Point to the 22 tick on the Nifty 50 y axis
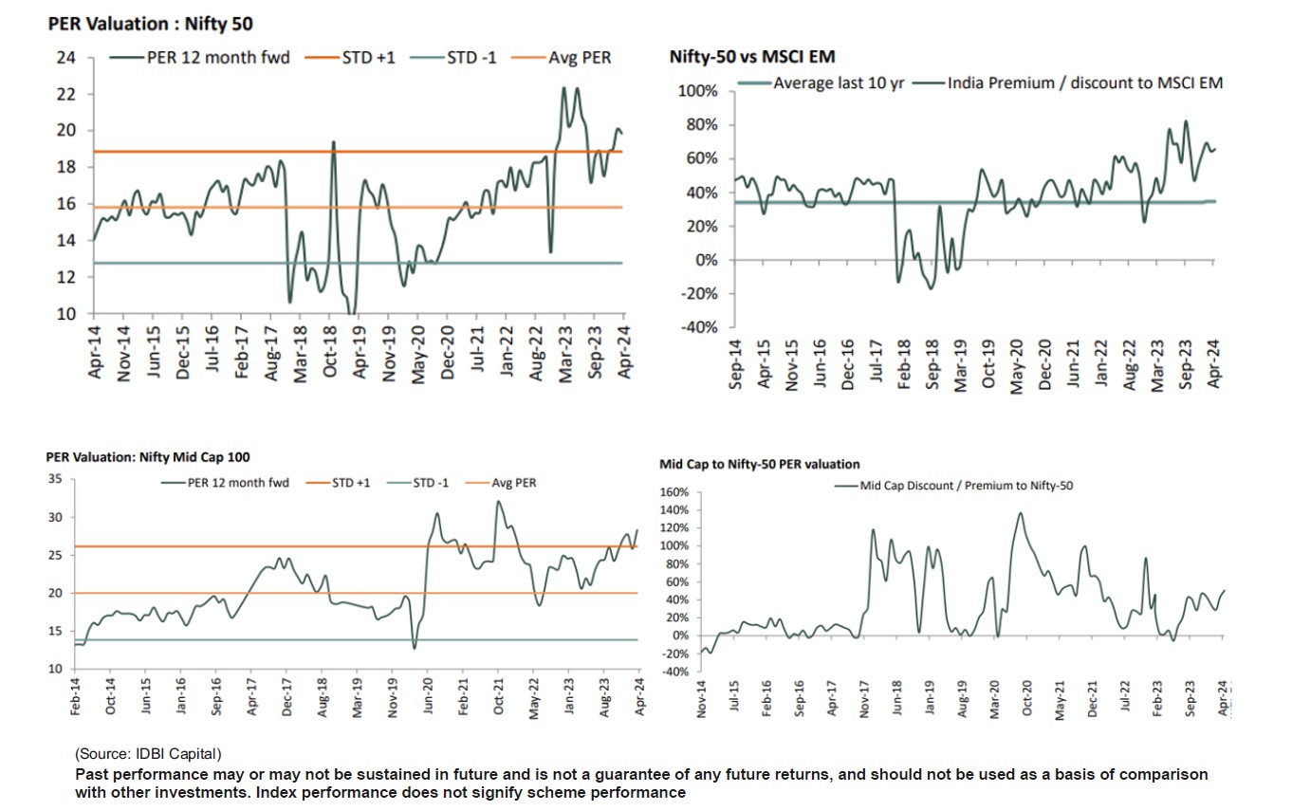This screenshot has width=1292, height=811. pos(66,95)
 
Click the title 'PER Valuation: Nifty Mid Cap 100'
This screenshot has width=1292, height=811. pos(148,457)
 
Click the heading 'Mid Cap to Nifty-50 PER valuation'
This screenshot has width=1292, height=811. pos(760,465)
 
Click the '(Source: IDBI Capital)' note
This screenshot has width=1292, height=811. pos(148,754)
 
